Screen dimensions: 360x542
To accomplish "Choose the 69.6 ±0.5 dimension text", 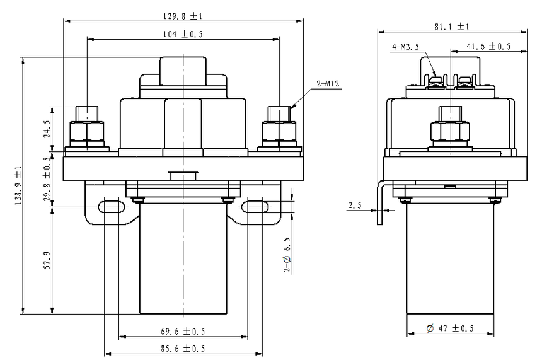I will pyautogui.click(x=183, y=331).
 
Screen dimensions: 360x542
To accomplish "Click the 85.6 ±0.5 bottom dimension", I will pyautogui.click(x=183, y=348).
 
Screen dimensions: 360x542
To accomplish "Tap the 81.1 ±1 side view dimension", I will pyautogui.click(x=452, y=26).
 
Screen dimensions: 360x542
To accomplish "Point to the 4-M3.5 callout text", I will pyautogui.click(x=406, y=47).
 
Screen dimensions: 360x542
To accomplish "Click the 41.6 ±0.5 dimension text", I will pyautogui.click(x=488, y=47).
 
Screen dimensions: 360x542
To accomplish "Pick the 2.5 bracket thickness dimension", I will pyautogui.click(x=355, y=205).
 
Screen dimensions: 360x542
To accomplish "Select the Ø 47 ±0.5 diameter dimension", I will pyautogui.click(x=450, y=329).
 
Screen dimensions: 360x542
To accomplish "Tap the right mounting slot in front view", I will pyautogui.click(x=255, y=206).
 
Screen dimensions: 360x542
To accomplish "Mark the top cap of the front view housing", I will pyautogui.click(x=183, y=71).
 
